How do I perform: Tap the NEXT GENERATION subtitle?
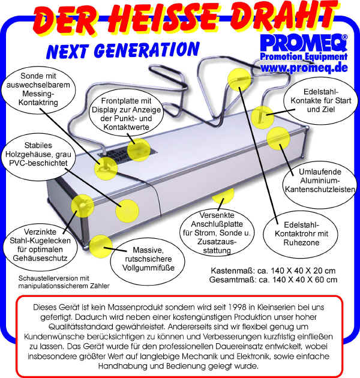[x=123, y=50]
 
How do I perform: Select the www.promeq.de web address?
[x=304, y=68]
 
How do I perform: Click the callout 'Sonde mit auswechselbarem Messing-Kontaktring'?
[x=39, y=90]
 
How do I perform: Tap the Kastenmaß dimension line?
[x=272, y=269]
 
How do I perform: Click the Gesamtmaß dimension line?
[x=272, y=279]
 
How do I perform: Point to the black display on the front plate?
[x=127, y=152]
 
